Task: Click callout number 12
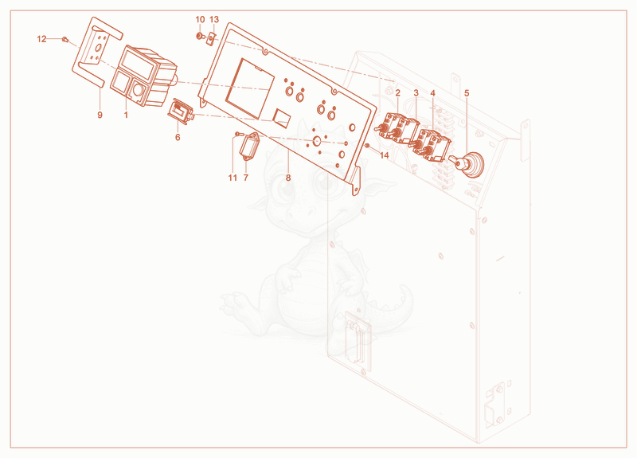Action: pyautogui.click(x=42, y=39)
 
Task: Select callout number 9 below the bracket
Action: pyautogui.click(x=100, y=115)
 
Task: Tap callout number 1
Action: pyautogui.click(x=126, y=115)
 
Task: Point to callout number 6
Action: pyautogui.click(x=178, y=137)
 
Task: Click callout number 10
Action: pyautogui.click(x=201, y=19)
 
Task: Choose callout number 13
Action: pyautogui.click(x=214, y=19)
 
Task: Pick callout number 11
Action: pyautogui.click(x=233, y=178)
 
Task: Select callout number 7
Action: pyautogui.click(x=246, y=178)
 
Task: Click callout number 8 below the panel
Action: pyautogui.click(x=288, y=178)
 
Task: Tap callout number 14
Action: pyautogui.click(x=385, y=155)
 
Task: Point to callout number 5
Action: pyautogui.click(x=467, y=93)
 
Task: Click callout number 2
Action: pyautogui.click(x=397, y=93)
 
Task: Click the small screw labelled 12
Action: pyautogui.click(x=64, y=39)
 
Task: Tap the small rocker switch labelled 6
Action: pyautogui.click(x=181, y=112)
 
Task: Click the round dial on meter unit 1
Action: pyautogui.click(x=138, y=90)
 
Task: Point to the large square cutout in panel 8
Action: pyautogui.click(x=249, y=88)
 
